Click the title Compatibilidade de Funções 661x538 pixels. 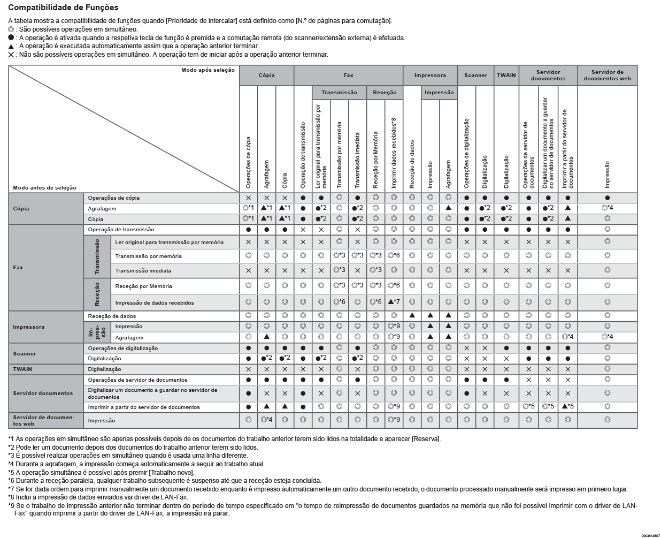(x=63, y=8)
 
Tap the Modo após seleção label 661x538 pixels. (x=207, y=70)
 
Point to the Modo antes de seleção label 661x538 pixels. (x=45, y=188)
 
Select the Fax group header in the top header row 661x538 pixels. (x=348, y=75)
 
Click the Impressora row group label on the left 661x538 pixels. (x=29, y=327)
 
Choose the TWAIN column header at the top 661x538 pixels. (x=506, y=75)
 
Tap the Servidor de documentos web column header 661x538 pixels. (x=607, y=75)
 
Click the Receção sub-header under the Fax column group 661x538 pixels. (x=385, y=93)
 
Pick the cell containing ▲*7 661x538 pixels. (x=394, y=302)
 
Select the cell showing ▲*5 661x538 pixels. (x=567, y=407)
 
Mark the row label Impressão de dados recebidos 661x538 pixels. (x=155, y=302)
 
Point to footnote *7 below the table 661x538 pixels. (x=318, y=489)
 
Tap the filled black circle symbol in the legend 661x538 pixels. (x=11, y=38)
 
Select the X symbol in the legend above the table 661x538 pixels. (x=11, y=55)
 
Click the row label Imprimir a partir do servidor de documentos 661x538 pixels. (x=144, y=407)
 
